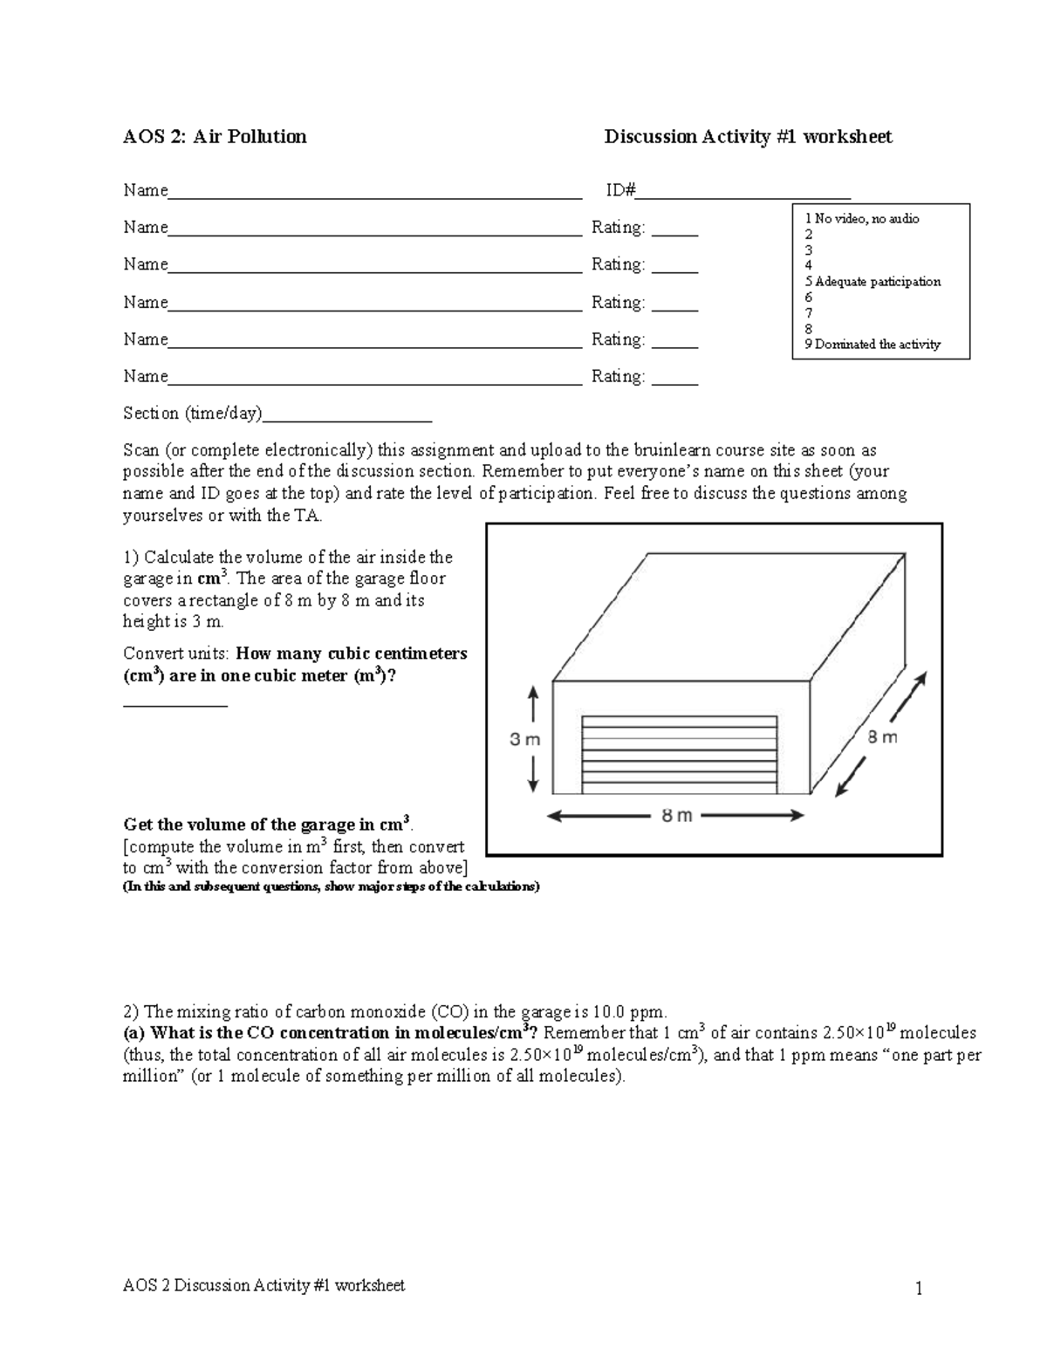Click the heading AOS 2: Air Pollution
coord(215,137)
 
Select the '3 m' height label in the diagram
coord(525,740)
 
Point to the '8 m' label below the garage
coord(676,816)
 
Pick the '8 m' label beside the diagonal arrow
coord(882,737)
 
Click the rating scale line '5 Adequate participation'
coord(872,282)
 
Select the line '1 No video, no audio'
coord(862,218)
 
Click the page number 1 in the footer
coord(919,1289)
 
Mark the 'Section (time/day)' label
coord(192,414)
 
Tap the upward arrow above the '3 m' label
coord(533,705)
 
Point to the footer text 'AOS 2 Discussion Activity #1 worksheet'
coord(263,1285)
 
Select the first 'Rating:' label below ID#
coord(618,228)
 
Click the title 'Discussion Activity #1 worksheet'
coord(748,137)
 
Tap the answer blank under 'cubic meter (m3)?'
coord(175,703)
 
